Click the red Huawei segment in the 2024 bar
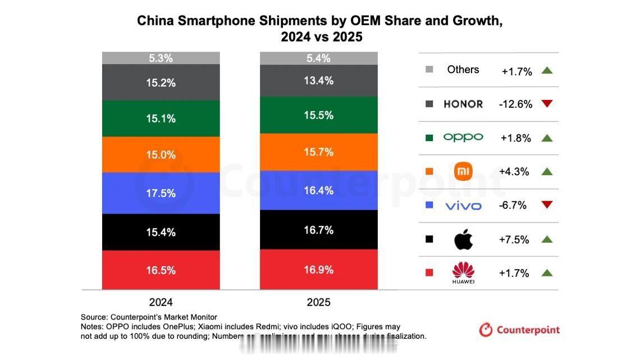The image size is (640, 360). pos(161,270)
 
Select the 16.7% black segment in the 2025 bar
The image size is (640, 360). pos(318,230)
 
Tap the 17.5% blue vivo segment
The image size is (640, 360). pos(161,193)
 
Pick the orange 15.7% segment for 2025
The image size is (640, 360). pos(318,152)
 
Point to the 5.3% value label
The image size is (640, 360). pos(161,58)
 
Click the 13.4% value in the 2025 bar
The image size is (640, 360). pos(318,81)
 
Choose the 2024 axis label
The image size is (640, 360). pos(161,302)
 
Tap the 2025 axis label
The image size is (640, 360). pos(318,302)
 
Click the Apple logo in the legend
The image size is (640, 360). pos(463,240)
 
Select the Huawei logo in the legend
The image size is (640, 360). pos(463,273)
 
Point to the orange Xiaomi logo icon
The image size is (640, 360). pos(463,171)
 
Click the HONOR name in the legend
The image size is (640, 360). pos(463,104)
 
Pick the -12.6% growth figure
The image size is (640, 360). pos(516,104)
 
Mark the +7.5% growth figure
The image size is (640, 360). pos(514,240)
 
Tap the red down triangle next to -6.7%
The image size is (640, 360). pos(547,205)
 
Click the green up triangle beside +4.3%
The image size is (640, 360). pos(547,171)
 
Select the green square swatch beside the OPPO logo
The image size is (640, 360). pos(429,138)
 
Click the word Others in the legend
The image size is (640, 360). pos(463,70)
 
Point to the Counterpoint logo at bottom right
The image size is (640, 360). pos(519,330)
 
